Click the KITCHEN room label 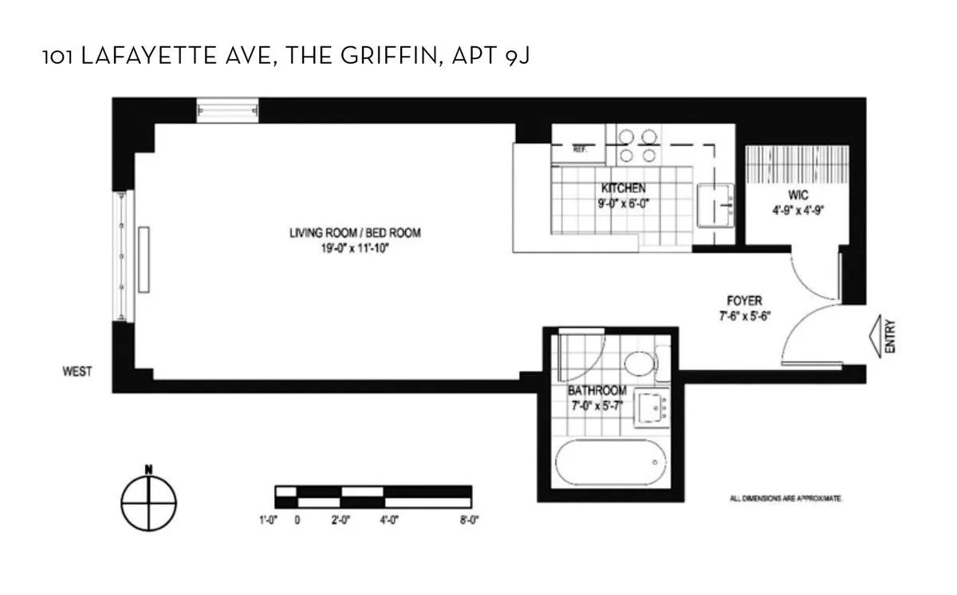point(623,188)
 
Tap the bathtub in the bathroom point(608,463)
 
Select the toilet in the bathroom point(640,365)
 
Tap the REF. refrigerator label point(580,149)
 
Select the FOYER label point(743,301)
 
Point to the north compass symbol point(148,504)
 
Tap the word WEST point(77,371)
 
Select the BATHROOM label point(597,392)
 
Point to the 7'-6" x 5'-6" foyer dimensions point(743,315)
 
